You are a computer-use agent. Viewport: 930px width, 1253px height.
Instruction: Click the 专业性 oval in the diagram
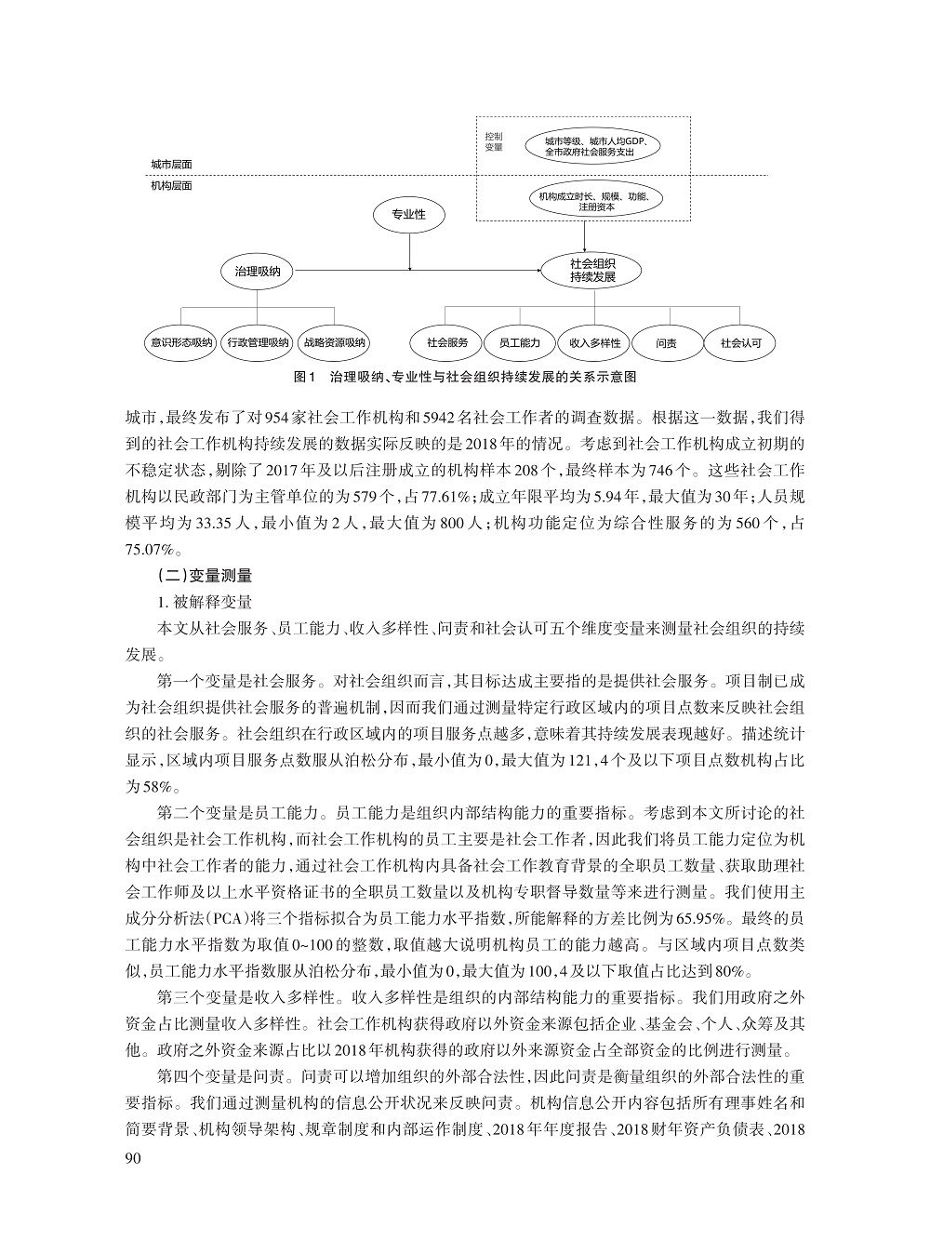[408, 215]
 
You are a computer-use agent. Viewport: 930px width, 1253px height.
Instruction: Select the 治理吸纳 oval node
[258, 272]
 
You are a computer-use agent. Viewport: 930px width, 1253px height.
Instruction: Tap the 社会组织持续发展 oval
[592, 272]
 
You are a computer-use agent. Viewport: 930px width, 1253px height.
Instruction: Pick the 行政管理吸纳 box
[258, 342]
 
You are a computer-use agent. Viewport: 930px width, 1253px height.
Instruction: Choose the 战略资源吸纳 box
[335, 342]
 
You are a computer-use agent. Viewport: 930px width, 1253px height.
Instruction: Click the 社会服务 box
[447, 342]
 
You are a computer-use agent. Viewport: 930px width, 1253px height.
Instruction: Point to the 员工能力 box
[519, 342]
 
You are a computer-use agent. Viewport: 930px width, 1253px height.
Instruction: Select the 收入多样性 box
[595, 342]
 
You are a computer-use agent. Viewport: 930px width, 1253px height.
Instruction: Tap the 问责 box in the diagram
[666, 342]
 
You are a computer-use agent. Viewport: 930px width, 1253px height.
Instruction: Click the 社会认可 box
[740, 342]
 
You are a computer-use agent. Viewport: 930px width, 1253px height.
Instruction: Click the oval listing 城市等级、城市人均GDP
[590, 143]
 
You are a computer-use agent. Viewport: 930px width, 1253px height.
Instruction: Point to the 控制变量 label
[494, 142]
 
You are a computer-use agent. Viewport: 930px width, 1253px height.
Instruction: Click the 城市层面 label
[171, 164]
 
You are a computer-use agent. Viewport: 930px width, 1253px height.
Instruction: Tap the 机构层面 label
[171, 186]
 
